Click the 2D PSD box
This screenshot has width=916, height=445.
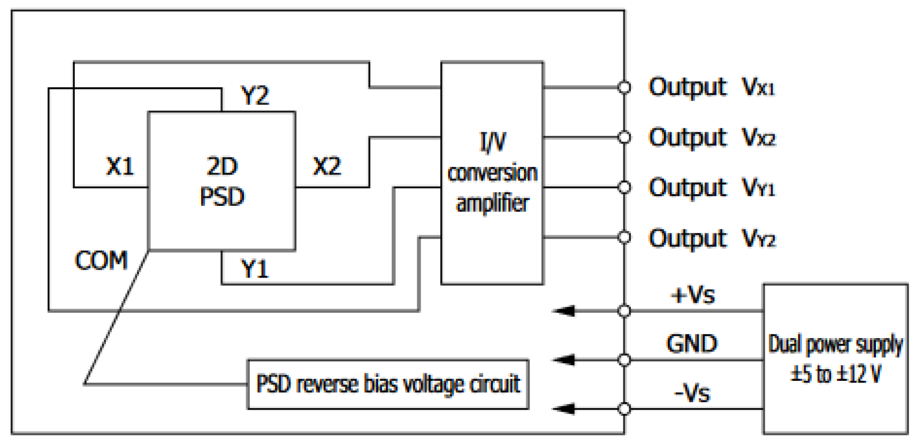[222, 181]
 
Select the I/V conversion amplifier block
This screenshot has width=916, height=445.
[492, 173]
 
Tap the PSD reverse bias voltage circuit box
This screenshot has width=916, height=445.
[388, 384]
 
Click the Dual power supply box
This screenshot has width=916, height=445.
[835, 358]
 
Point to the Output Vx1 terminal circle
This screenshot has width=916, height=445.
[624, 87]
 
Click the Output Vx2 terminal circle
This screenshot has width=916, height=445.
[624, 137]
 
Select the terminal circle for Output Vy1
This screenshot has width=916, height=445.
[624, 187]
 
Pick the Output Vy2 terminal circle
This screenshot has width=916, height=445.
[624, 237]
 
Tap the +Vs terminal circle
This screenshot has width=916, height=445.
[624, 310]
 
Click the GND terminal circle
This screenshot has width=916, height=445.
[624, 360]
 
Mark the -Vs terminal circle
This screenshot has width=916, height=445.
[624, 409]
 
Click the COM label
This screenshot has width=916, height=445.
[101, 260]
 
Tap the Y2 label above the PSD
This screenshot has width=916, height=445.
[255, 96]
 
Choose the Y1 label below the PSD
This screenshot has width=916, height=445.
[255, 268]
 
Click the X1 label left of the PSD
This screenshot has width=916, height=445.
[120, 167]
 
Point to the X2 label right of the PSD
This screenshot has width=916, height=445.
[326, 167]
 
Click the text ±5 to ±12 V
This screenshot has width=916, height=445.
[835, 374]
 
